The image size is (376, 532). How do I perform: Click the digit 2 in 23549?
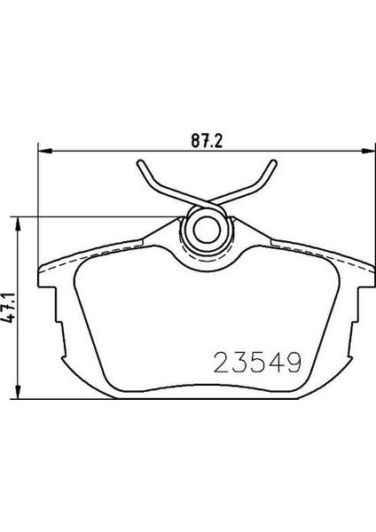220,362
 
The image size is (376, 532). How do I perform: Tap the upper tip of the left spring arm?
143,164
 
